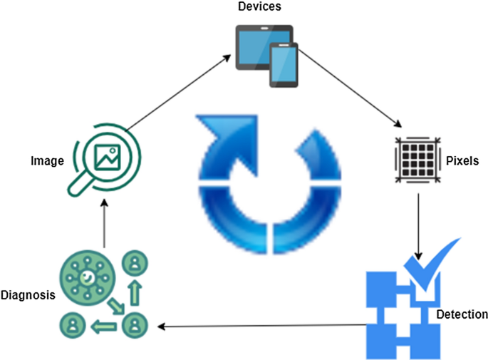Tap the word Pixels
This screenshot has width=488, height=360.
pyautogui.click(x=462, y=161)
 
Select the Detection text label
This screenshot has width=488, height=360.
pyautogui.click(x=461, y=314)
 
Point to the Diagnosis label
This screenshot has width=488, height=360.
pyautogui.click(x=28, y=294)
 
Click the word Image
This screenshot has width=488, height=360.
pyautogui.click(x=48, y=161)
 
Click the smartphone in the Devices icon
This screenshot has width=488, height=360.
pyautogui.click(x=283, y=65)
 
